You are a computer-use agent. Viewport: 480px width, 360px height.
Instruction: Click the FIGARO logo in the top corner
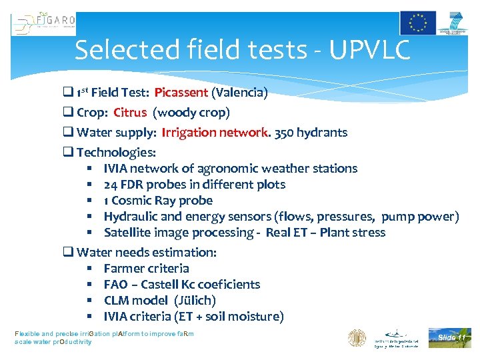pyautogui.click(x=44, y=24)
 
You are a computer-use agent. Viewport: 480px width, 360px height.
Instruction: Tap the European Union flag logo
pyautogui.click(x=417, y=23)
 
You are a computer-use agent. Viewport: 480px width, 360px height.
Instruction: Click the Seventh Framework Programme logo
pyautogui.click(x=453, y=23)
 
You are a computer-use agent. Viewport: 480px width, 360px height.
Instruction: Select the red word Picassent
pyautogui.click(x=181, y=93)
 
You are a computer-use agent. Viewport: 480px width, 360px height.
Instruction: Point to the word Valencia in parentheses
pyautogui.click(x=239, y=93)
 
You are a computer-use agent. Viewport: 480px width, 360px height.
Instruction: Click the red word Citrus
pyautogui.click(x=130, y=112)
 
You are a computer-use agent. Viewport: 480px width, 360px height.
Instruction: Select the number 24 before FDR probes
pyautogui.click(x=111, y=185)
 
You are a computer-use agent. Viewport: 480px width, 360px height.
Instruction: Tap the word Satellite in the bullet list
pyautogui.click(x=127, y=233)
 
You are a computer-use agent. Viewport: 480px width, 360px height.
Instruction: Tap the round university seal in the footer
pyautogui.click(x=357, y=338)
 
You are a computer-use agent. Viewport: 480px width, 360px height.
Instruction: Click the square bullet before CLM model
pyautogui.click(x=90, y=301)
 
